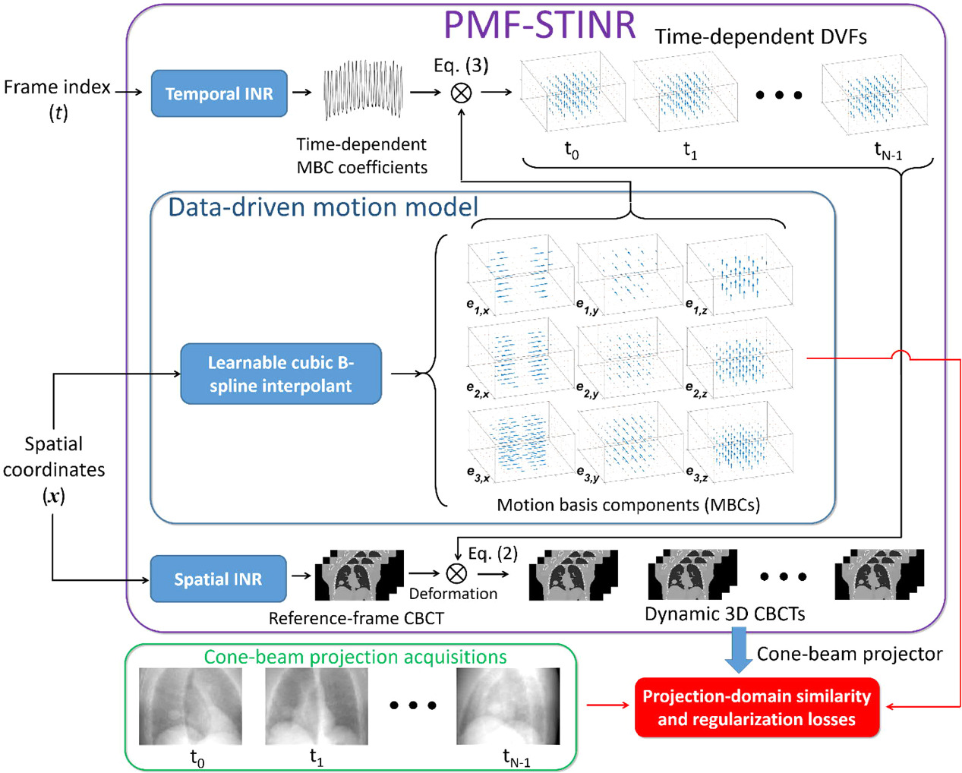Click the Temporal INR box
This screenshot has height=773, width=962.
pyautogui.click(x=219, y=93)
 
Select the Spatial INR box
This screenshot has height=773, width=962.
pyautogui.click(x=218, y=579)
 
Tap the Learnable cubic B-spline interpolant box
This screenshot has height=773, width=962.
pyautogui.click(x=280, y=374)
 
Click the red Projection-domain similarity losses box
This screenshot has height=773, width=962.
pyautogui.click(x=756, y=708)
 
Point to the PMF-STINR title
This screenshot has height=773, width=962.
pyautogui.click(x=539, y=24)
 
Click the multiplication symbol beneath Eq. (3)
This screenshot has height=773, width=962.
pyautogui.click(x=462, y=93)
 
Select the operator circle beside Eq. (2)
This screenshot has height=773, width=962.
pyautogui.click(x=456, y=573)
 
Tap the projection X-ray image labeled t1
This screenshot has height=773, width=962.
pyautogui.click(x=316, y=706)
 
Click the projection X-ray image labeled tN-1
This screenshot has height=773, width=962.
pyautogui.click(x=507, y=706)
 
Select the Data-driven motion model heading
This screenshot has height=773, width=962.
pyautogui.click(x=323, y=207)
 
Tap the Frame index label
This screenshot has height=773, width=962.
pyautogui.click(x=57, y=87)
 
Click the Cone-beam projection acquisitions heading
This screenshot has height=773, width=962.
pyautogui.click(x=355, y=657)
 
